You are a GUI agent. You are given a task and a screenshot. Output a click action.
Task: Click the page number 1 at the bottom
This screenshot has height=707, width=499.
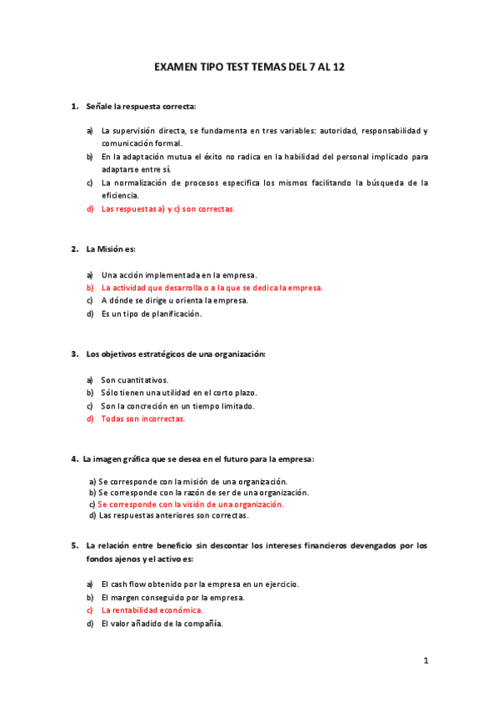(426, 661)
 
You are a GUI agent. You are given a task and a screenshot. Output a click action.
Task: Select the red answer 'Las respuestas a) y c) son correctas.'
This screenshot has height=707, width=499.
(167, 209)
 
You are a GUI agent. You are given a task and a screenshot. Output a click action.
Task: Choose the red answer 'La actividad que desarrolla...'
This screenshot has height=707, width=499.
(211, 288)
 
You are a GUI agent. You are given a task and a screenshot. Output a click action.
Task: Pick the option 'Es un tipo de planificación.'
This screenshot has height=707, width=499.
(151, 314)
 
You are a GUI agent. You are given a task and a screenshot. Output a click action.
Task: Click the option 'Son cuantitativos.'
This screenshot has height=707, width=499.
(134, 380)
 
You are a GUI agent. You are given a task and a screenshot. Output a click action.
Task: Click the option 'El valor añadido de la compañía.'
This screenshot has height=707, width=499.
(162, 624)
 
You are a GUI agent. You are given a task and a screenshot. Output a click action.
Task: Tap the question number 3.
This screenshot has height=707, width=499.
(73, 354)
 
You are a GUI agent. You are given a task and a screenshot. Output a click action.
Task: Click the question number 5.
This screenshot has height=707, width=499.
(73, 545)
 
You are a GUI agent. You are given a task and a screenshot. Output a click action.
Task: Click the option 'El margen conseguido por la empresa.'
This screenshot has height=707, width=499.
(172, 597)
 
